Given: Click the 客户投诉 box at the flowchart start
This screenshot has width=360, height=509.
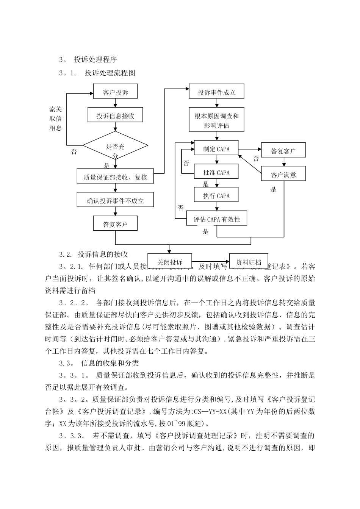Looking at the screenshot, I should [116, 92].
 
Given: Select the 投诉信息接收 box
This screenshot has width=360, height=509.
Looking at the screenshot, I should [116, 115].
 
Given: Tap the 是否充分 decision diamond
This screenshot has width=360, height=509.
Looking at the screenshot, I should [115, 147].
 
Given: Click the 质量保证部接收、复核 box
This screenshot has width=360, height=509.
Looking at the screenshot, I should [116, 176].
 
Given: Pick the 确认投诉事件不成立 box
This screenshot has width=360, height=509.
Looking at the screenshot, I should [116, 200].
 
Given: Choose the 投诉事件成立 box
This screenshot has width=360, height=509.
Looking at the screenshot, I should [217, 92].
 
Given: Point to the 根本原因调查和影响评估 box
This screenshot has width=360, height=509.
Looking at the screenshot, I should [217, 120].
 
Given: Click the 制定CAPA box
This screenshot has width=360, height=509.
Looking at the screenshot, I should [216, 149].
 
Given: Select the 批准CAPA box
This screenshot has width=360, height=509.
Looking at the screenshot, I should [216, 172].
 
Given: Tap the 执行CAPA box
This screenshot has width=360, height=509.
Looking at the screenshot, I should [216, 196].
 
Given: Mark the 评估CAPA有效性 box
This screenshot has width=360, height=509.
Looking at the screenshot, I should [217, 219].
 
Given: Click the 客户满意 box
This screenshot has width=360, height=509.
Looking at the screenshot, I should [283, 175].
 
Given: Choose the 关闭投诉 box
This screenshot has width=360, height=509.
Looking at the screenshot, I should [170, 262].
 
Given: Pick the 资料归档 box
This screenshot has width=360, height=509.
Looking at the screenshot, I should [249, 262].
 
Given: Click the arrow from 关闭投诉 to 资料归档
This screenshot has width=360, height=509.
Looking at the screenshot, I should [211, 262].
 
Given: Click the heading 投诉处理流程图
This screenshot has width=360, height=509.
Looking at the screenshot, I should [110, 73].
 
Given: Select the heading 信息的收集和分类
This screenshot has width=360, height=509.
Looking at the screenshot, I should [110, 363].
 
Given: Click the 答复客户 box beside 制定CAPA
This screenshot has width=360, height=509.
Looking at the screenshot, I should [283, 151].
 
